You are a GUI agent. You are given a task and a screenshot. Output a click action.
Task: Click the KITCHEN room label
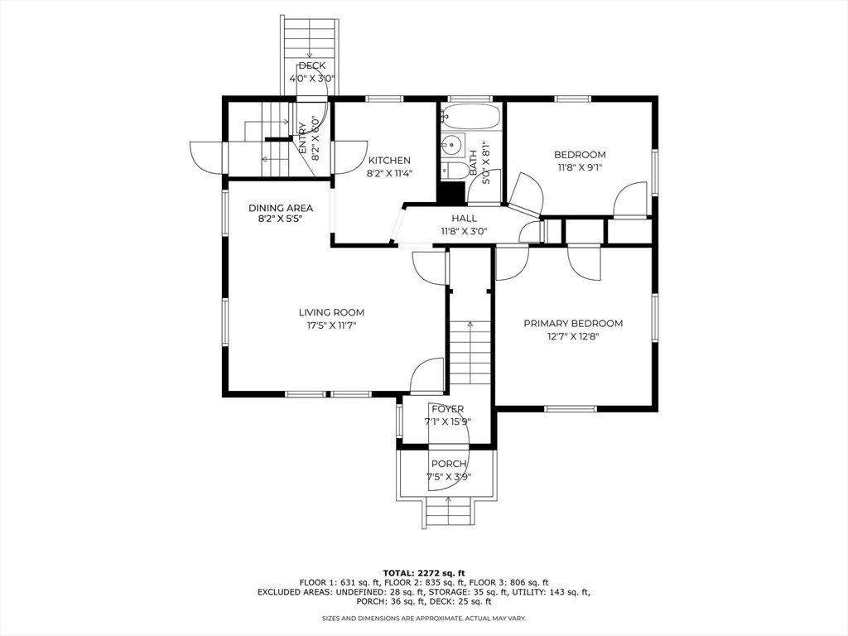(x=389, y=160)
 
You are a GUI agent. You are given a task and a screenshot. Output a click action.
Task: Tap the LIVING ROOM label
(x=331, y=312)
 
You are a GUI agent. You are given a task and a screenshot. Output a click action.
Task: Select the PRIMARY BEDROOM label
(x=573, y=324)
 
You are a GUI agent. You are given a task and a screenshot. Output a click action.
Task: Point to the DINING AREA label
(x=281, y=208)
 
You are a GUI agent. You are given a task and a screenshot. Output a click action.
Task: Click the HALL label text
(x=465, y=218)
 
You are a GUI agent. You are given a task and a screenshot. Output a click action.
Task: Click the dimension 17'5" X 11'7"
(x=331, y=325)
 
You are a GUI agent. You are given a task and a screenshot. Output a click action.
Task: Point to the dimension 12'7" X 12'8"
(x=573, y=336)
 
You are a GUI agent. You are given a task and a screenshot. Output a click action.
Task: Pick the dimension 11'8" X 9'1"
(x=580, y=167)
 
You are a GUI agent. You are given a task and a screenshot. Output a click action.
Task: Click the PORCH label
(x=449, y=464)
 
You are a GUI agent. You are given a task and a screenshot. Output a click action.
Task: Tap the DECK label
(x=312, y=65)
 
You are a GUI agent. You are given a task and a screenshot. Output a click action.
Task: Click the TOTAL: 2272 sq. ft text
(x=424, y=573)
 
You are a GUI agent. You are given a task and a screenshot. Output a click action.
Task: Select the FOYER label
(x=448, y=409)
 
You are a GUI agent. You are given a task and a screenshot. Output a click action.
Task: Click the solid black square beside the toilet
(x=452, y=193)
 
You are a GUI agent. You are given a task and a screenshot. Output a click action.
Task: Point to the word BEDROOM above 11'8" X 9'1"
(x=580, y=155)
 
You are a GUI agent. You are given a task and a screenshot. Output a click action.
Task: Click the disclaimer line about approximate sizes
(x=424, y=618)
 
